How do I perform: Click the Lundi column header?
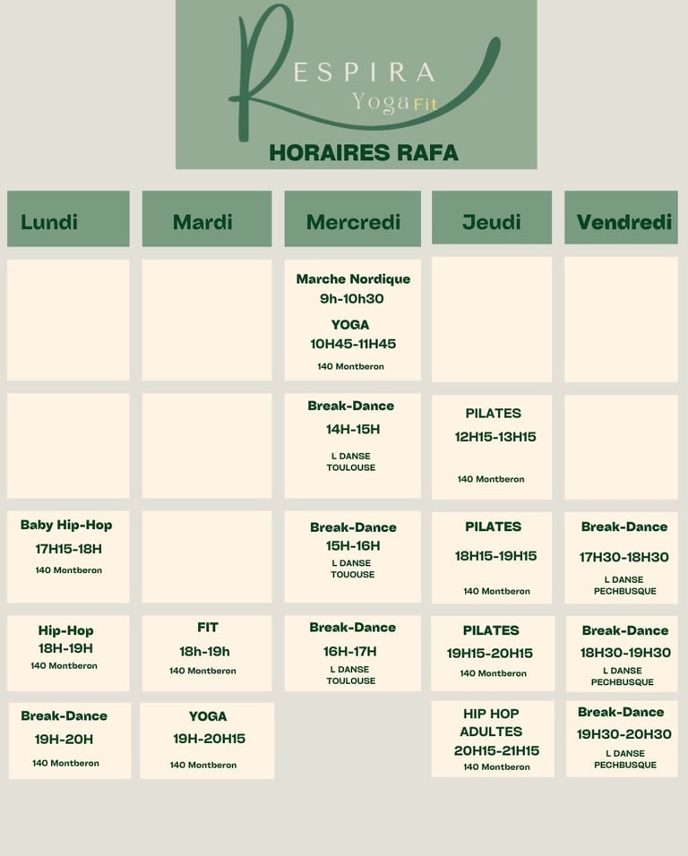pyautogui.click(x=49, y=221)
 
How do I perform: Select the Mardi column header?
pyautogui.click(x=202, y=221)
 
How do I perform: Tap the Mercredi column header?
pyautogui.click(x=353, y=221)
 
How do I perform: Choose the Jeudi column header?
pyautogui.click(x=492, y=221)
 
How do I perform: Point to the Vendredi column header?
pyautogui.click(x=623, y=221)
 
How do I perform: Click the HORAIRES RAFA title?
pyautogui.click(x=364, y=152)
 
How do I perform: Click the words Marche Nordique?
pyautogui.click(x=353, y=278)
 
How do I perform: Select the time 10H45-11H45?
pyautogui.click(x=353, y=344)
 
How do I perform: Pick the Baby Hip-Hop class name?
pyautogui.click(x=66, y=525)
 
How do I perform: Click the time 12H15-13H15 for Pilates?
pyautogui.click(x=495, y=437)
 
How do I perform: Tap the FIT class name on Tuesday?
pyautogui.click(x=208, y=627)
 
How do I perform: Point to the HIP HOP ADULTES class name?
pyautogui.click(x=491, y=723)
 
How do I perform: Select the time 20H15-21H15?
pyautogui.click(x=496, y=750)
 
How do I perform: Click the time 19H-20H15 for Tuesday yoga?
pyautogui.click(x=209, y=739)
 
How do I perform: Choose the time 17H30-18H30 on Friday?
pyautogui.click(x=623, y=557)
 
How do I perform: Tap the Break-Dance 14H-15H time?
pyautogui.click(x=353, y=429)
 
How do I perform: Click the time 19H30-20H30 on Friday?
pyautogui.click(x=623, y=734)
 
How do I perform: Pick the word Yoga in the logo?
pyautogui.click(x=381, y=101)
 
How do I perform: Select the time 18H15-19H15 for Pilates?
pyautogui.click(x=495, y=556)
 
